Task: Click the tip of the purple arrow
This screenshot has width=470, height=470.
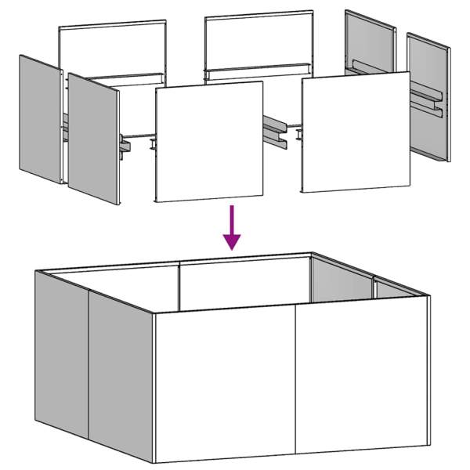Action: click(231, 249)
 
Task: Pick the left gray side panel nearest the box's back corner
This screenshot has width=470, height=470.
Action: click(61, 352)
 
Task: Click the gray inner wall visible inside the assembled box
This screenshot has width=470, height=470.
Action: click(341, 280)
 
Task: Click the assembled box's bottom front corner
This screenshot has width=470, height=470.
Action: click(156, 462)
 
